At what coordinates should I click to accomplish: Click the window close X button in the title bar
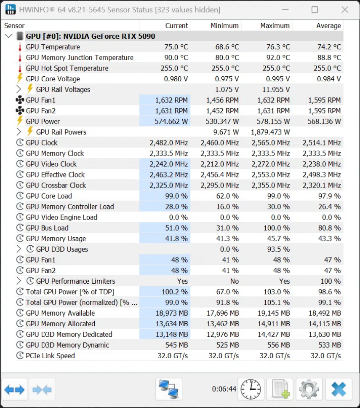(344, 10)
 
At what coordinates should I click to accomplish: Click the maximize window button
(315, 10)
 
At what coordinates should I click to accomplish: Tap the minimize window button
(285, 10)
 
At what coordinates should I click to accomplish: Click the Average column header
(328, 26)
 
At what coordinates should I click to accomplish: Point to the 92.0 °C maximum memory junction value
(277, 58)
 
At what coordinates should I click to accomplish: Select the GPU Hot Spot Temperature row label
(67, 68)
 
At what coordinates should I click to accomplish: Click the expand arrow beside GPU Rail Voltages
(19, 89)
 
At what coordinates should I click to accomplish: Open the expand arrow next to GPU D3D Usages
(19, 249)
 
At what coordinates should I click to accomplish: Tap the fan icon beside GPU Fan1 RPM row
(20, 100)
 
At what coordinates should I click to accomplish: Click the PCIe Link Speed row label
(50, 356)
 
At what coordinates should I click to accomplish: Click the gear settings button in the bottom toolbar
(309, 389)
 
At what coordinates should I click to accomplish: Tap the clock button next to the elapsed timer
(251, 389)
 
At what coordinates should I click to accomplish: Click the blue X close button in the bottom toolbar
(339, 389)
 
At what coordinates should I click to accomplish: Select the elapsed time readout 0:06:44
(224, 389)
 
